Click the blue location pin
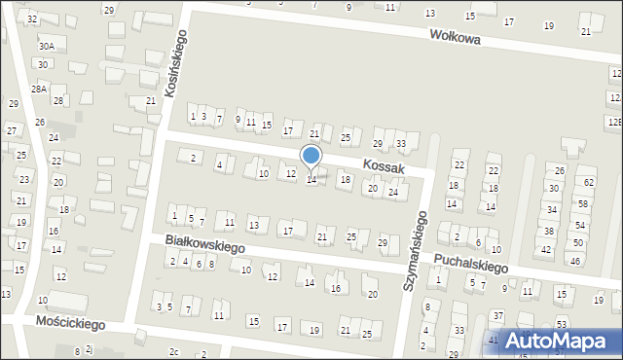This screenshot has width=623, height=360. click(x=311, y=158)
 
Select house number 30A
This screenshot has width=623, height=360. click(x=46, y=46)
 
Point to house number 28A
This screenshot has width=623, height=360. click(x=39, y=89)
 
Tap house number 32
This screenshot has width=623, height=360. click(x=32, y=19)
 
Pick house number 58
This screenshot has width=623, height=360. click(x=582, y=202)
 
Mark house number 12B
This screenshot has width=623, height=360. click(x=614, y=122)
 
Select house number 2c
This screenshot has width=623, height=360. click(x=174, y=351)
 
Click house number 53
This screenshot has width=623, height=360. click(x=562, y=324)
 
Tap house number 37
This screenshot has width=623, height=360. click(x=497, y=316)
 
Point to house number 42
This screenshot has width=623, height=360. click(x=546, y=250)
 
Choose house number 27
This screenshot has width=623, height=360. click(x=11, y=130)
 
